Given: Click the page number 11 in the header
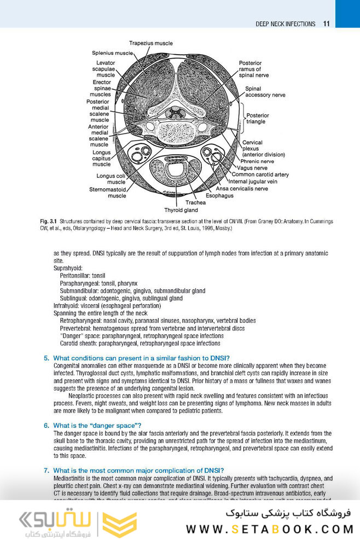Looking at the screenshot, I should [326, 24].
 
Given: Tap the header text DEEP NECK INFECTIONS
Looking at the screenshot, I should [285, 24].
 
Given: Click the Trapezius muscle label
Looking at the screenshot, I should [151, 43].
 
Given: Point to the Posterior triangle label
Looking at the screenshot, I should [258, 119].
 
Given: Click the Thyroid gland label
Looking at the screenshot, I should [181, 210].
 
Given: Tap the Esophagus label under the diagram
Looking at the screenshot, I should [219, 195].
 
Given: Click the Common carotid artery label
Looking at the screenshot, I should [260, 175].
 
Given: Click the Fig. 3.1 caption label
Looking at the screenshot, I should [44, 221].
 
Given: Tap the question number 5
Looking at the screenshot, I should [47, 358].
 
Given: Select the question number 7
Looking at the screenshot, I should [47, 470].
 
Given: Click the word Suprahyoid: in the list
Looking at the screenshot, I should [68, 269].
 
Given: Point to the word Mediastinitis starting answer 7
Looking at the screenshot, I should [70, 478].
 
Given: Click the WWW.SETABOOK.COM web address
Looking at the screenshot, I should [270, 529].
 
